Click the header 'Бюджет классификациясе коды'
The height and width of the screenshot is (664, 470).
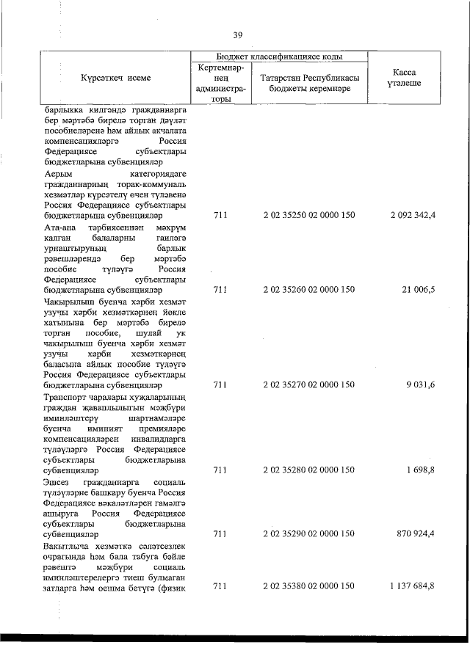[279, 56]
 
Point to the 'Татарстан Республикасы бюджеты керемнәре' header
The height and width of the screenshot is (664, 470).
[308, 83]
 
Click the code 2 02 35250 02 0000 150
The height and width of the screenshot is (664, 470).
[308, 216]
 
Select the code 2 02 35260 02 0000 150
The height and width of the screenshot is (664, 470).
[308, 310]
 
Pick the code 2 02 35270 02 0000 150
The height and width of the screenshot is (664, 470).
[308, 384]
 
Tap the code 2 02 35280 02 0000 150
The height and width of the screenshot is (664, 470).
[308, 470]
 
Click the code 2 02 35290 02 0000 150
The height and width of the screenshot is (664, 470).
[308, 534]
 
